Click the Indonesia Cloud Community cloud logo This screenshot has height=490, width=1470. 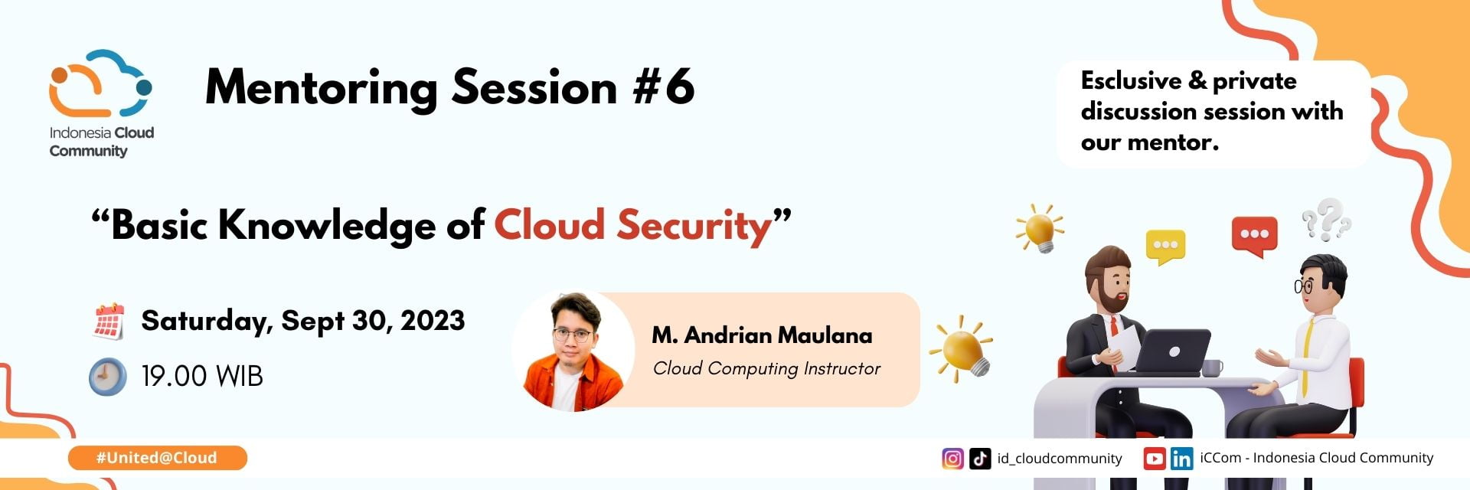100,84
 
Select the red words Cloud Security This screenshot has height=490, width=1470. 632,225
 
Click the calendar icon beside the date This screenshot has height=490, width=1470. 109,321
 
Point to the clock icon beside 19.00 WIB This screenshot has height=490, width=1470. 107,377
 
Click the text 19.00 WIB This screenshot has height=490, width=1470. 202,377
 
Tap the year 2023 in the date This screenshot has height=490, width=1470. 432,320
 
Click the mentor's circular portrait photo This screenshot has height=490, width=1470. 573,351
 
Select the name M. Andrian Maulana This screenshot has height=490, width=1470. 762,335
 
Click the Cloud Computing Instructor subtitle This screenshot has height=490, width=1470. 766,368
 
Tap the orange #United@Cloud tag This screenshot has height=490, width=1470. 157,458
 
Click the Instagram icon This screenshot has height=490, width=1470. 952,459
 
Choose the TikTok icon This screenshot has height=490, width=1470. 980,459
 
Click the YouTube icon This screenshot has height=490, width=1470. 1154,459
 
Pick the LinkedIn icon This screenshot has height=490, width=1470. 1181,459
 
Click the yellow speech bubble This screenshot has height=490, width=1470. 1165,246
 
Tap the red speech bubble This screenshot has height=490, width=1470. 1254,235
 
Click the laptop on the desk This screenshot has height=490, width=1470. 1171,351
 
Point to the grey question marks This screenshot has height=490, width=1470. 1326,219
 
